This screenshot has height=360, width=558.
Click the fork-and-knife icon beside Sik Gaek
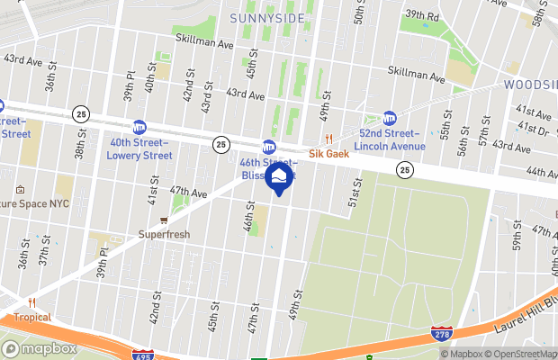coord(329,139)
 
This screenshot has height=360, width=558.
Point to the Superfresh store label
coord(164,235)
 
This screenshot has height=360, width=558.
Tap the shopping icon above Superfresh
coord(164,220)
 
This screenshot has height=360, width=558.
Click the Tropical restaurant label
coord(31,317)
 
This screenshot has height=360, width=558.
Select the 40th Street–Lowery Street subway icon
coord(139,128)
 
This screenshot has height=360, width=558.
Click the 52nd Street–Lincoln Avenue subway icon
coord(390,118)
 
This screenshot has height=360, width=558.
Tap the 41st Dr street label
coord(537,130)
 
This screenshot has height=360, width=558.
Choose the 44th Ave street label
coord(543,172)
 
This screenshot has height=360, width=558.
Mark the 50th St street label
coord(357,13)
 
